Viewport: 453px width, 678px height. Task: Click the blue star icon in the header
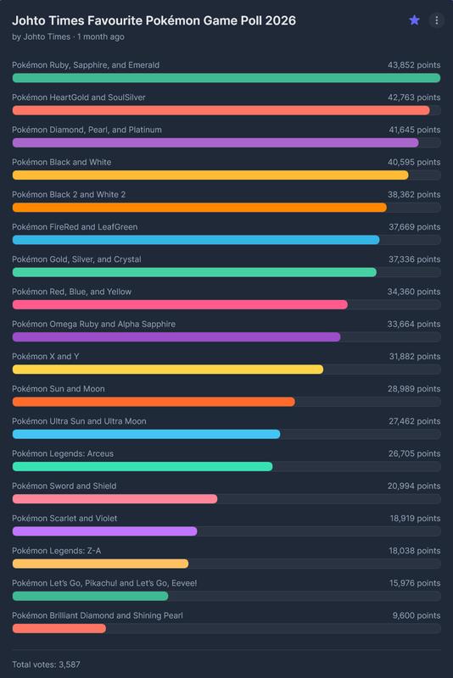coord(414,20)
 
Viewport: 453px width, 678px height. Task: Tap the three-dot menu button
coord(436,20)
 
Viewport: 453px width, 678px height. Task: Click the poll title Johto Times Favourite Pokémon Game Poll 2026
coord(154,20)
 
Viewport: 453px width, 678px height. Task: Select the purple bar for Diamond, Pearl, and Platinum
coord(215,142)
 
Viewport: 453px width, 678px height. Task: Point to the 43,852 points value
coord(412,65)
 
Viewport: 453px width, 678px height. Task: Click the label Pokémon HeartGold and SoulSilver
coord(79,97)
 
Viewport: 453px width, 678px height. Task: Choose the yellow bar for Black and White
coord(210,175)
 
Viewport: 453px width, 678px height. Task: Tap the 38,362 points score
coord(412,195)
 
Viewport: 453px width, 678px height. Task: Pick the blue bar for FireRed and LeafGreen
coord(196,240)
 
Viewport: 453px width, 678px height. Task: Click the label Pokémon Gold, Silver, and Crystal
coord(76,259)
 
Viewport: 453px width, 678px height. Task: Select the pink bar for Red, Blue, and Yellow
coord(180,304)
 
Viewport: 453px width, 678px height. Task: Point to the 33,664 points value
coord(412,325)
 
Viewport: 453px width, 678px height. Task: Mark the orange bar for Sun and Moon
coord(154,402)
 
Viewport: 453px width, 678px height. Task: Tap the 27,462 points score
coord(412,421)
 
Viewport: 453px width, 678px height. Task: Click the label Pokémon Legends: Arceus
coord(63,454)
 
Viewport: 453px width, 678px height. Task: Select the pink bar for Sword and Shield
coord(115,499)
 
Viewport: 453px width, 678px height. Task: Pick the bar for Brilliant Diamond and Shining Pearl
coord(59,628)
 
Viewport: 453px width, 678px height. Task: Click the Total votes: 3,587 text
coord(46,664)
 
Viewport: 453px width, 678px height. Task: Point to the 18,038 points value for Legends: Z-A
coord(412,551)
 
